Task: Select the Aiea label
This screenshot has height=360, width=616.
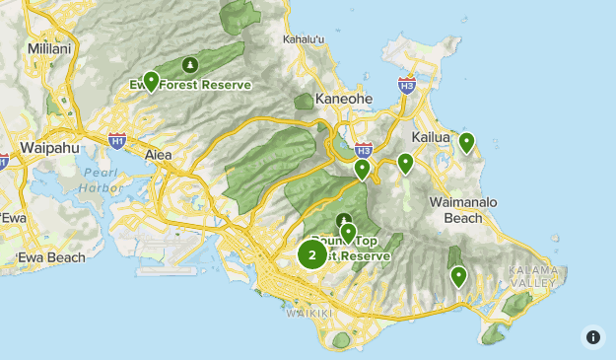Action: point(158,156)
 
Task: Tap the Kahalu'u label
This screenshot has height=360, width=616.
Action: point(304,38)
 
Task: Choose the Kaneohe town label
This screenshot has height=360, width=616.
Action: point(342,100)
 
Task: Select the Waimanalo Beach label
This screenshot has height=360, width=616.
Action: point(456,209)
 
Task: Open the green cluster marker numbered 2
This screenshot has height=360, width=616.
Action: point(312,255)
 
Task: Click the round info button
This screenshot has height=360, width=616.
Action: point(593,336)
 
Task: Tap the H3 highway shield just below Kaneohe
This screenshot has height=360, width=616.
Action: point(363,151)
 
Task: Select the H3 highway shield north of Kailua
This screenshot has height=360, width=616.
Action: point(406,86)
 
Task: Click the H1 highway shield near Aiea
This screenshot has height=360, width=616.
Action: point(117,141)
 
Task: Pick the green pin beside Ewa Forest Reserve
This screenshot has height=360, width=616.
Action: point(151,81)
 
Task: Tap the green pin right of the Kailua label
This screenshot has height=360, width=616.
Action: point(466,142)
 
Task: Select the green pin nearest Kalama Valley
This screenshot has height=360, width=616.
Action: point(458,276)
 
